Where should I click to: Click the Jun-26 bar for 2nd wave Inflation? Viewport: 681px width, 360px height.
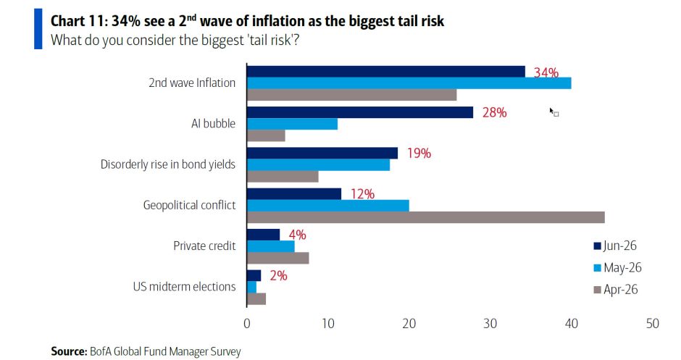386,72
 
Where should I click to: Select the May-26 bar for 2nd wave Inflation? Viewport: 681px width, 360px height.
409,83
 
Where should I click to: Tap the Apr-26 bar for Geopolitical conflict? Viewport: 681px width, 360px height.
426,217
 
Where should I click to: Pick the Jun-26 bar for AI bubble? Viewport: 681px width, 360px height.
360,112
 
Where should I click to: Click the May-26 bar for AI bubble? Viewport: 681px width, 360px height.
292,124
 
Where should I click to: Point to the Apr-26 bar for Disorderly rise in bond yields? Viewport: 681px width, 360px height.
283,176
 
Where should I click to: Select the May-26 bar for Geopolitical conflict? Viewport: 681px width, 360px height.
328,206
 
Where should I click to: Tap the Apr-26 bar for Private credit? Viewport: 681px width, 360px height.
278,258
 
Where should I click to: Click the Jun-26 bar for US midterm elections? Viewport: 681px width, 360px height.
254,276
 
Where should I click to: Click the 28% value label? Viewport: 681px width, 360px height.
494,112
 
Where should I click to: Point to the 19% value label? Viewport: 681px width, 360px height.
419,154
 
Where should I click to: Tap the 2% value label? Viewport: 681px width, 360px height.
278,276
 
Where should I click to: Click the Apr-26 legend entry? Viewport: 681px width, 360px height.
616,290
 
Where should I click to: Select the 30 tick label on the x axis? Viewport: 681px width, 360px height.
490,324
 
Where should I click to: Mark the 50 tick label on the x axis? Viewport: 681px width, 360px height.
652,324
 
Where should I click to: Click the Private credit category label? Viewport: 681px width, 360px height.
204,246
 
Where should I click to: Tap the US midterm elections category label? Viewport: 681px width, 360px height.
185,287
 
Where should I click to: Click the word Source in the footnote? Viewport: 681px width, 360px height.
69,351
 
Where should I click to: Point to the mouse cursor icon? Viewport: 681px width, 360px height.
553,112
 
